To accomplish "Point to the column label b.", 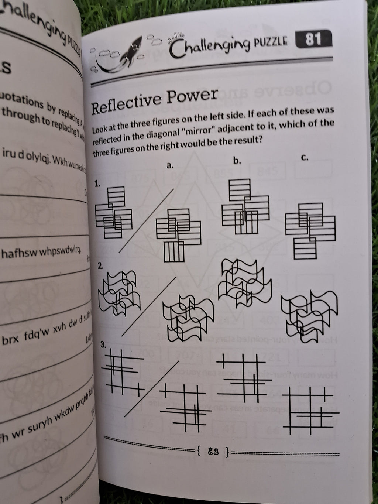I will point(237,161).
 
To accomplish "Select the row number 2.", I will point(100,265).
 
